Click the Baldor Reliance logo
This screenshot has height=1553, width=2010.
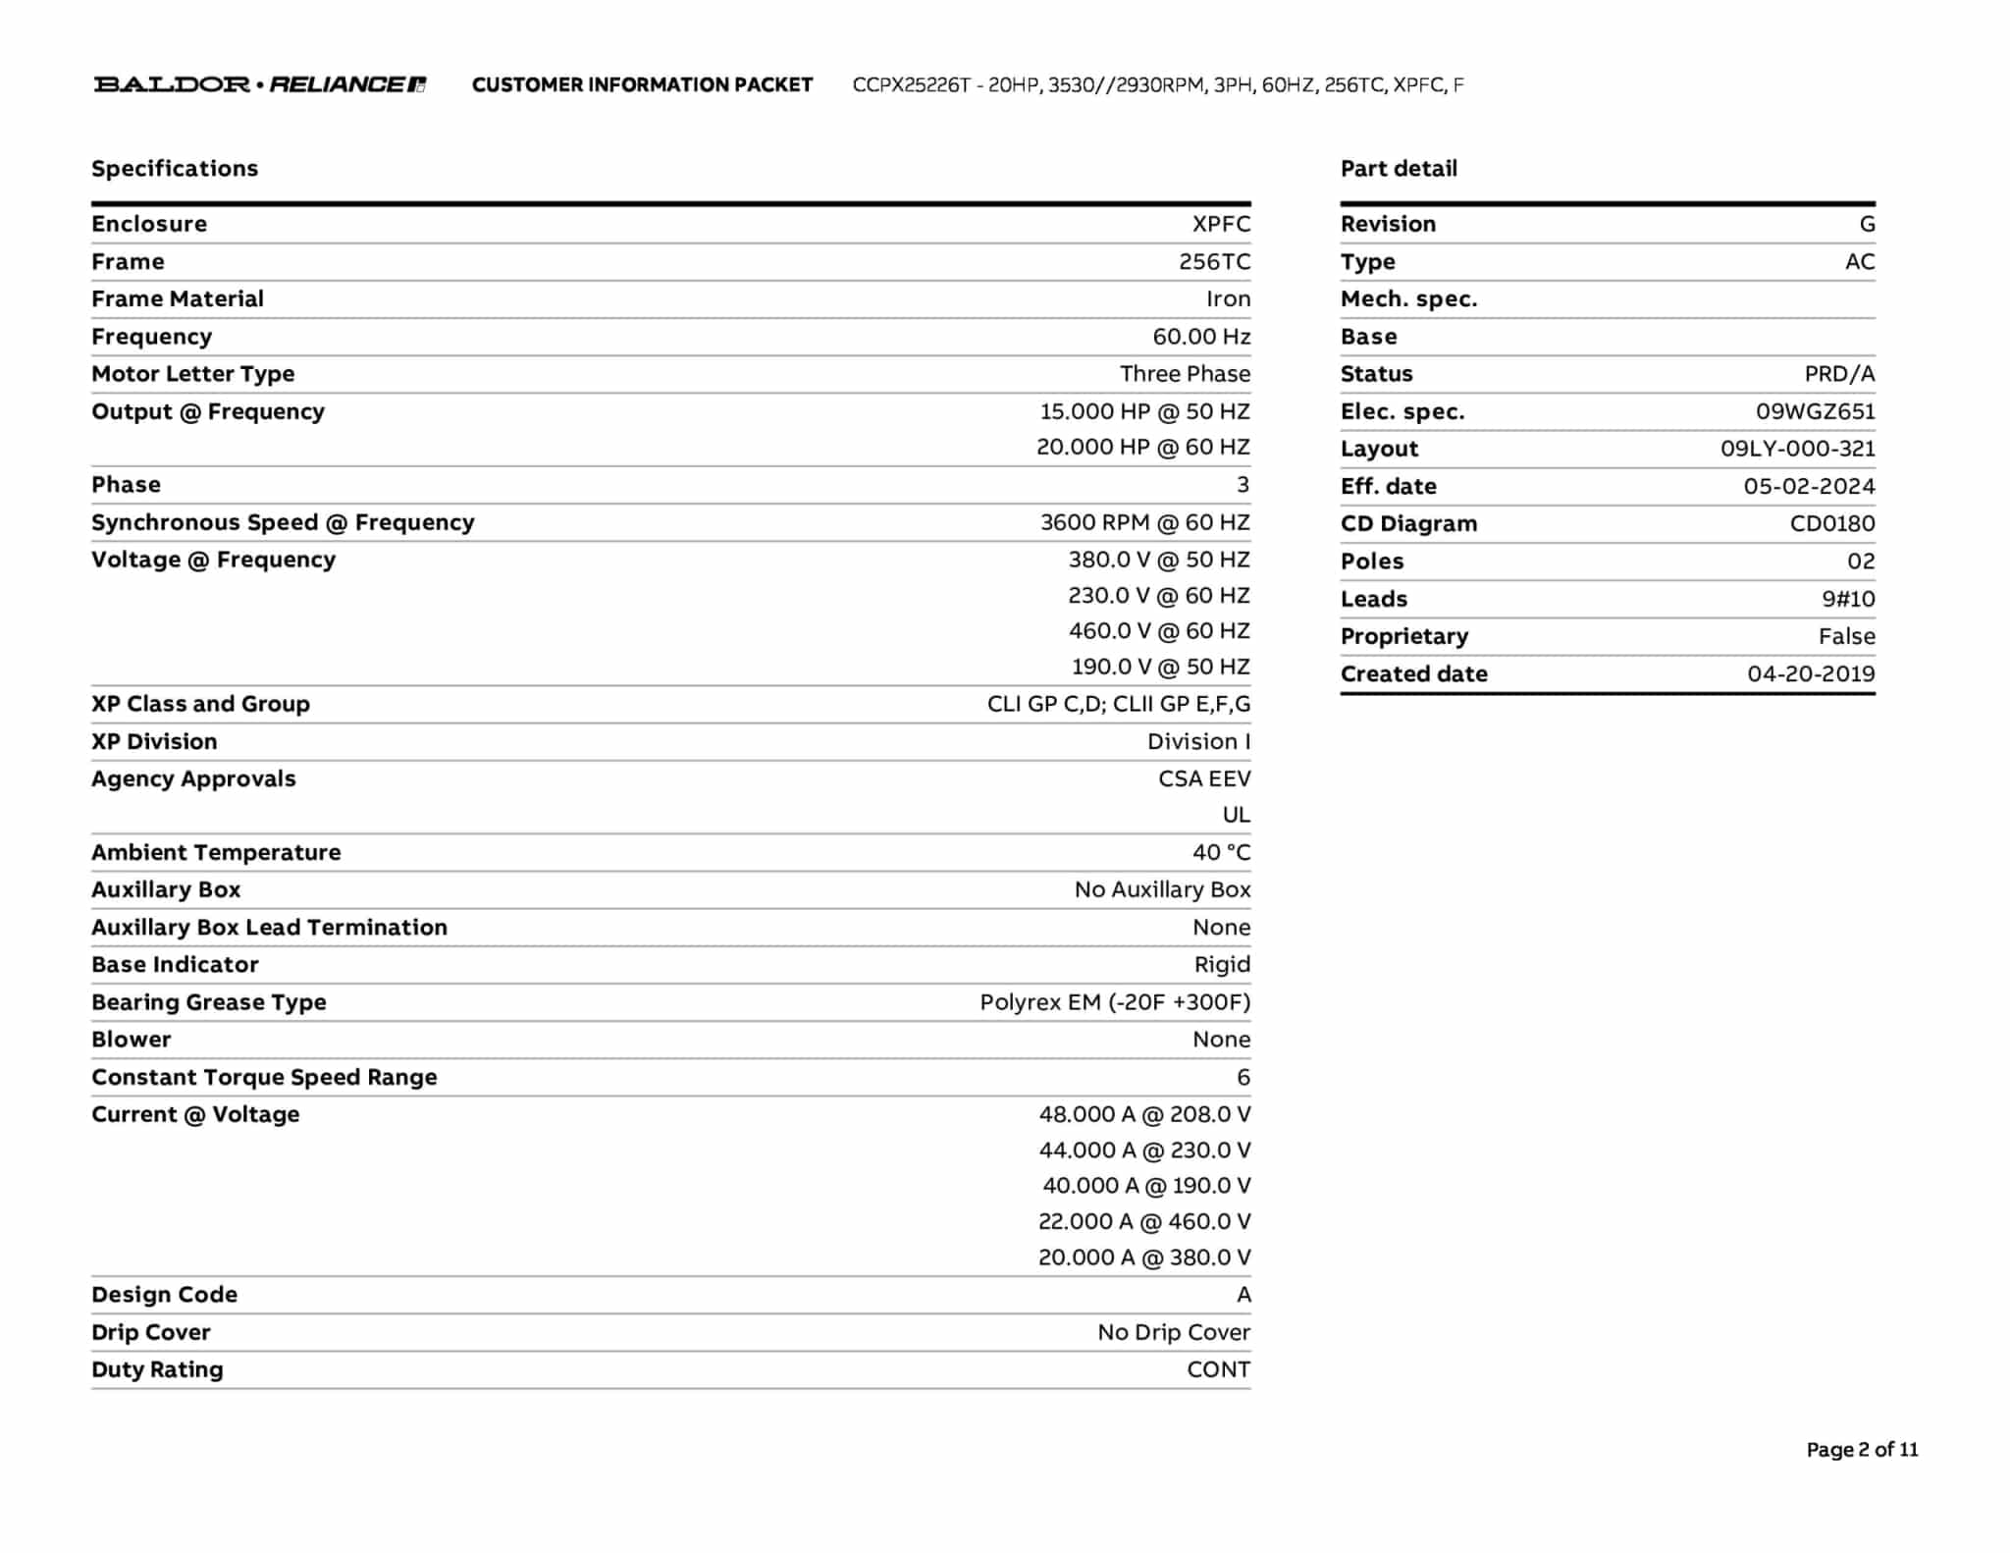tap(260, 84)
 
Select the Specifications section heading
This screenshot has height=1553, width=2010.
tap(175, 169)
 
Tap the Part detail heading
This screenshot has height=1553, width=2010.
tap(1399, 169)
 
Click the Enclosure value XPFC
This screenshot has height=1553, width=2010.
tap(1221, 224)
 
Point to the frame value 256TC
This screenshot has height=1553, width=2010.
tap(1214, 262)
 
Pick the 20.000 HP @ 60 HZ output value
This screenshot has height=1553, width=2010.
tap(1143, 448)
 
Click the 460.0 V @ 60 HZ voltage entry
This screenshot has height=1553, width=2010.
tap(1159, 631)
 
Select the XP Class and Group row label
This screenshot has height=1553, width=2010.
tap(200, 704)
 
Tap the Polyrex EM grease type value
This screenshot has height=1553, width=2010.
tap(1115, 1002)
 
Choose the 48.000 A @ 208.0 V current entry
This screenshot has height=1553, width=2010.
tap(1144, 1114)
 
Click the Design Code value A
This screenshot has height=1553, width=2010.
tap(1243, 1295)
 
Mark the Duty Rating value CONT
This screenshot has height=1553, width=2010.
tap(1218, 1369)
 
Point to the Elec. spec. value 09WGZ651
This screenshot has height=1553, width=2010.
tap(1815, 412)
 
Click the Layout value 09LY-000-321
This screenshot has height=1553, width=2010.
tap(1797, 450)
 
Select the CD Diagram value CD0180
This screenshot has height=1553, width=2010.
tap(1831, 524)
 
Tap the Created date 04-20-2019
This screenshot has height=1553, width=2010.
tap(1811, 674)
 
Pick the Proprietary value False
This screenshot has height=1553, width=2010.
tap(1846, 637)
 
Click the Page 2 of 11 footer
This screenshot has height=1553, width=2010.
tap(1862, 1450)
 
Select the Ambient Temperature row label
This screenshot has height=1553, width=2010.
tap(216, 852)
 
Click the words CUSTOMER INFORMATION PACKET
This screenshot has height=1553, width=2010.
tap(642, 85)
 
